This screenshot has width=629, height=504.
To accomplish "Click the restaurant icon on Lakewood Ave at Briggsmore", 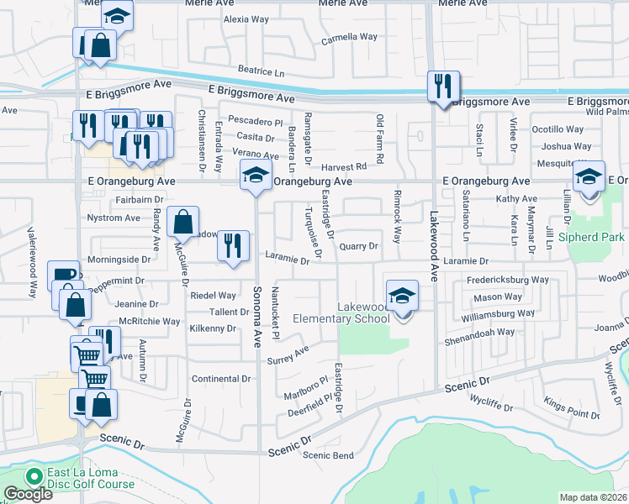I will tap(443, 85).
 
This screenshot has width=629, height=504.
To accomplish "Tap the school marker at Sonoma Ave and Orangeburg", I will tap(256, 176).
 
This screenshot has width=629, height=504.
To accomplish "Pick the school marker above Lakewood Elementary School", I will tap(403, 295).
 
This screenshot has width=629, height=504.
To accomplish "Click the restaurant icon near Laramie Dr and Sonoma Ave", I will tap(233, 244).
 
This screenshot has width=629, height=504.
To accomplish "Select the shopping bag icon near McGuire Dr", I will tap(182, 222).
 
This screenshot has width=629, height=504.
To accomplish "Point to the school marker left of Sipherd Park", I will tap(589, 176).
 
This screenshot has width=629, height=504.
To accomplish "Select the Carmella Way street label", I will tap(349, 37).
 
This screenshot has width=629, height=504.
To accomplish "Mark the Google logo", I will tap(28, 494).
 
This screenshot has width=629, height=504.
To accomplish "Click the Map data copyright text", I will tap(592, 497).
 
